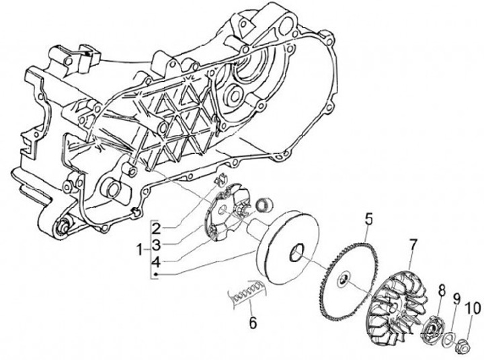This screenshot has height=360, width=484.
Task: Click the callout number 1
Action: coord(139,249)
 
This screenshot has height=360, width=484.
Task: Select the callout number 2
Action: coord(155,226)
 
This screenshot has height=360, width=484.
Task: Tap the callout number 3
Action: coord(155,243)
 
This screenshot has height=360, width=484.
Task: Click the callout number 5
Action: coord(368,218)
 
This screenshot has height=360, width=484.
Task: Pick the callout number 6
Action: coord(252,322)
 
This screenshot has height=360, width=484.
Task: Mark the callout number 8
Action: coord(442,290)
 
